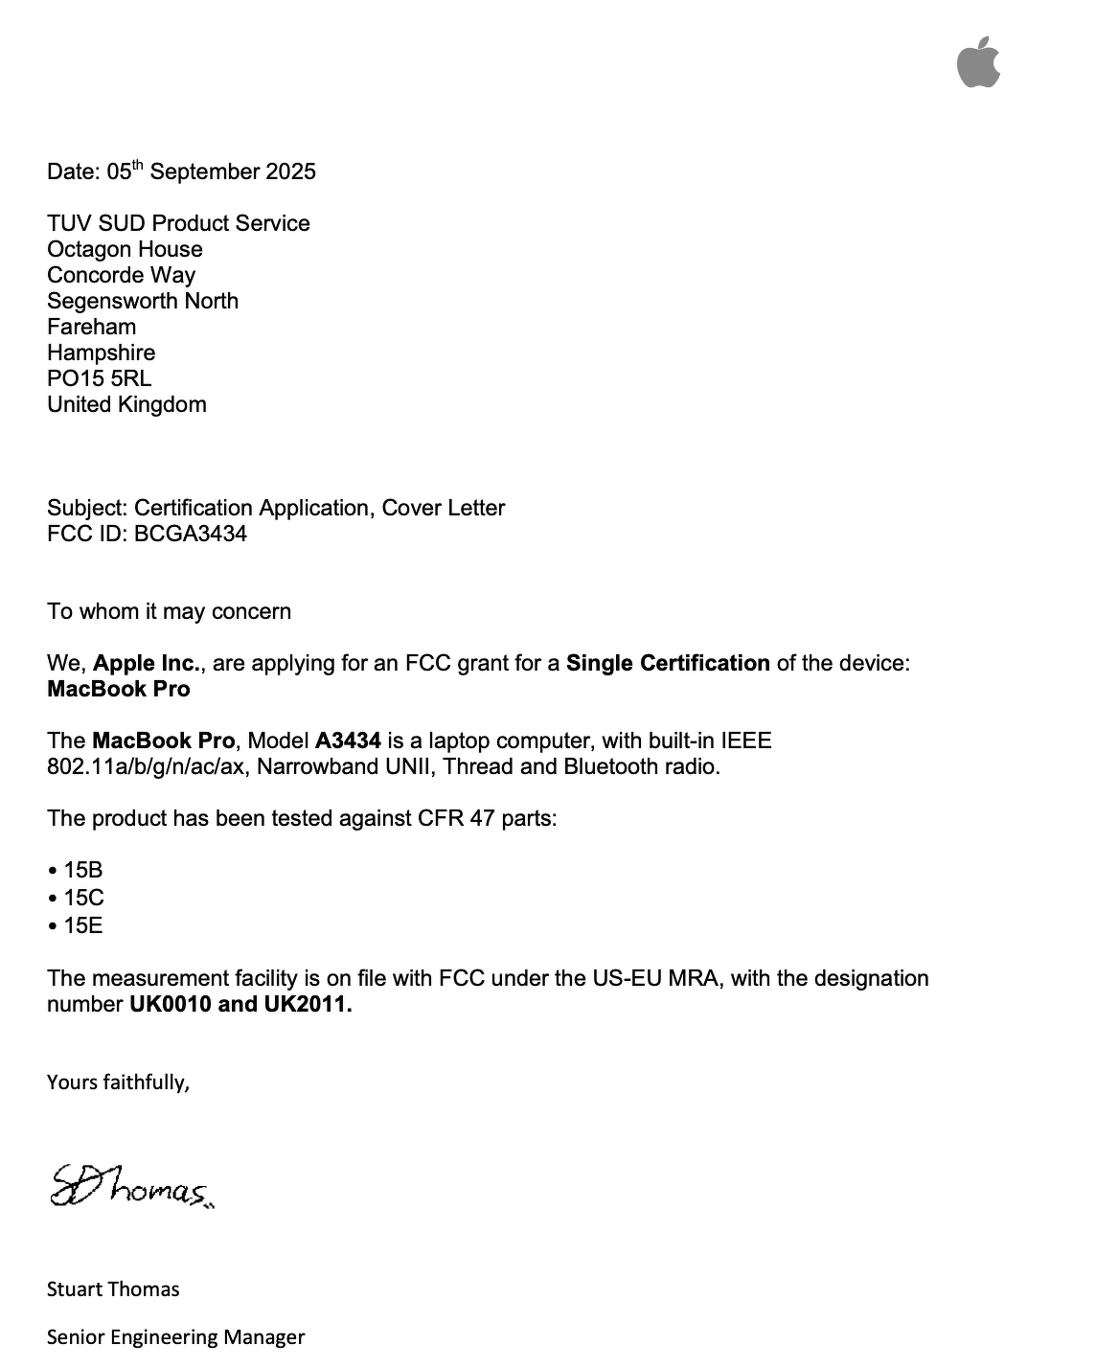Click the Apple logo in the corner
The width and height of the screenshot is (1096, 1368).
click(978, 63)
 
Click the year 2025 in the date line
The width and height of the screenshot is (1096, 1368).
click(290, 172)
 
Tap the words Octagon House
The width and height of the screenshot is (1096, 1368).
click(125, 250)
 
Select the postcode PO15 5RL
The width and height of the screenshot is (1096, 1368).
click(99, 379)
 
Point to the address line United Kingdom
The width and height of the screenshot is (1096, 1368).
click(126, 405)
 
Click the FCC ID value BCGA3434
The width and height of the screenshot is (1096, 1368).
click(191, 535)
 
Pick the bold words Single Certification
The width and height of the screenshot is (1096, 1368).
click(668, 664)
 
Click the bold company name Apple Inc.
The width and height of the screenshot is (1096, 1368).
click(147, 664)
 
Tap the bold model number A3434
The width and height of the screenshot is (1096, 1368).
click(348, 741)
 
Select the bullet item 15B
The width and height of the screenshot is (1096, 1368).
click(82, 871)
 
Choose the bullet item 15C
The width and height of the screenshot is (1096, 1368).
click(83, 899)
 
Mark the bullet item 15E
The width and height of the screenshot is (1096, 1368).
click(82, 926)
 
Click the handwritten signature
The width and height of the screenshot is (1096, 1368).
click(131, 1188)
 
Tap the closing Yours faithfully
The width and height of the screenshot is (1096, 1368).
click(118, 1083)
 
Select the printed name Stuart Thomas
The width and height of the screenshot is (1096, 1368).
click(113, 1289)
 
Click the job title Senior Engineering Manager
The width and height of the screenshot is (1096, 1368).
click(175, 1337)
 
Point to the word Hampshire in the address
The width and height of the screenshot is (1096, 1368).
click(101, 353)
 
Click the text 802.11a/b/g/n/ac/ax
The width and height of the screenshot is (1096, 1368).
click(148, 767)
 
